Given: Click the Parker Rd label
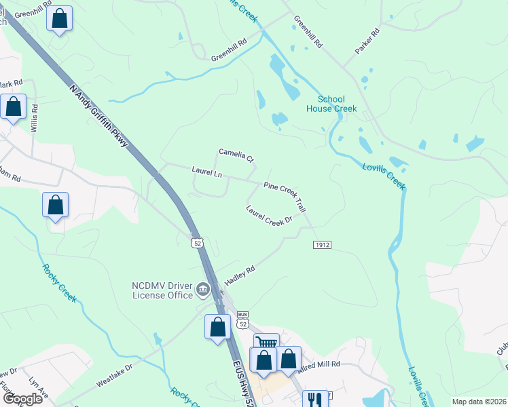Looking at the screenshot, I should point(367,41).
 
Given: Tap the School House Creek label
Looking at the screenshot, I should point(331,104).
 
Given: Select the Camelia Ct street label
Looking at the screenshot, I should point(236,155).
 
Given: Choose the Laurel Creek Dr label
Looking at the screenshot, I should point(269,216).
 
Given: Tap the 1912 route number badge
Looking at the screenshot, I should point(323,244).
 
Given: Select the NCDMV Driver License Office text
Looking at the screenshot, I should point(163,290).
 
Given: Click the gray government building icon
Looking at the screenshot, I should point(202,291).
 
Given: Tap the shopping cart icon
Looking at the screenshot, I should point(266,343).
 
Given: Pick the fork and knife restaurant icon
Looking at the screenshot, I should point(313,400).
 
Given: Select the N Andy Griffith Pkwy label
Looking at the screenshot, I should point(99,116).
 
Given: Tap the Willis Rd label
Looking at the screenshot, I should point(34,118).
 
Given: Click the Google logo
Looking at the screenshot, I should point(22,399).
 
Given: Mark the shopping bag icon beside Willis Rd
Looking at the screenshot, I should point(13,106).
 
